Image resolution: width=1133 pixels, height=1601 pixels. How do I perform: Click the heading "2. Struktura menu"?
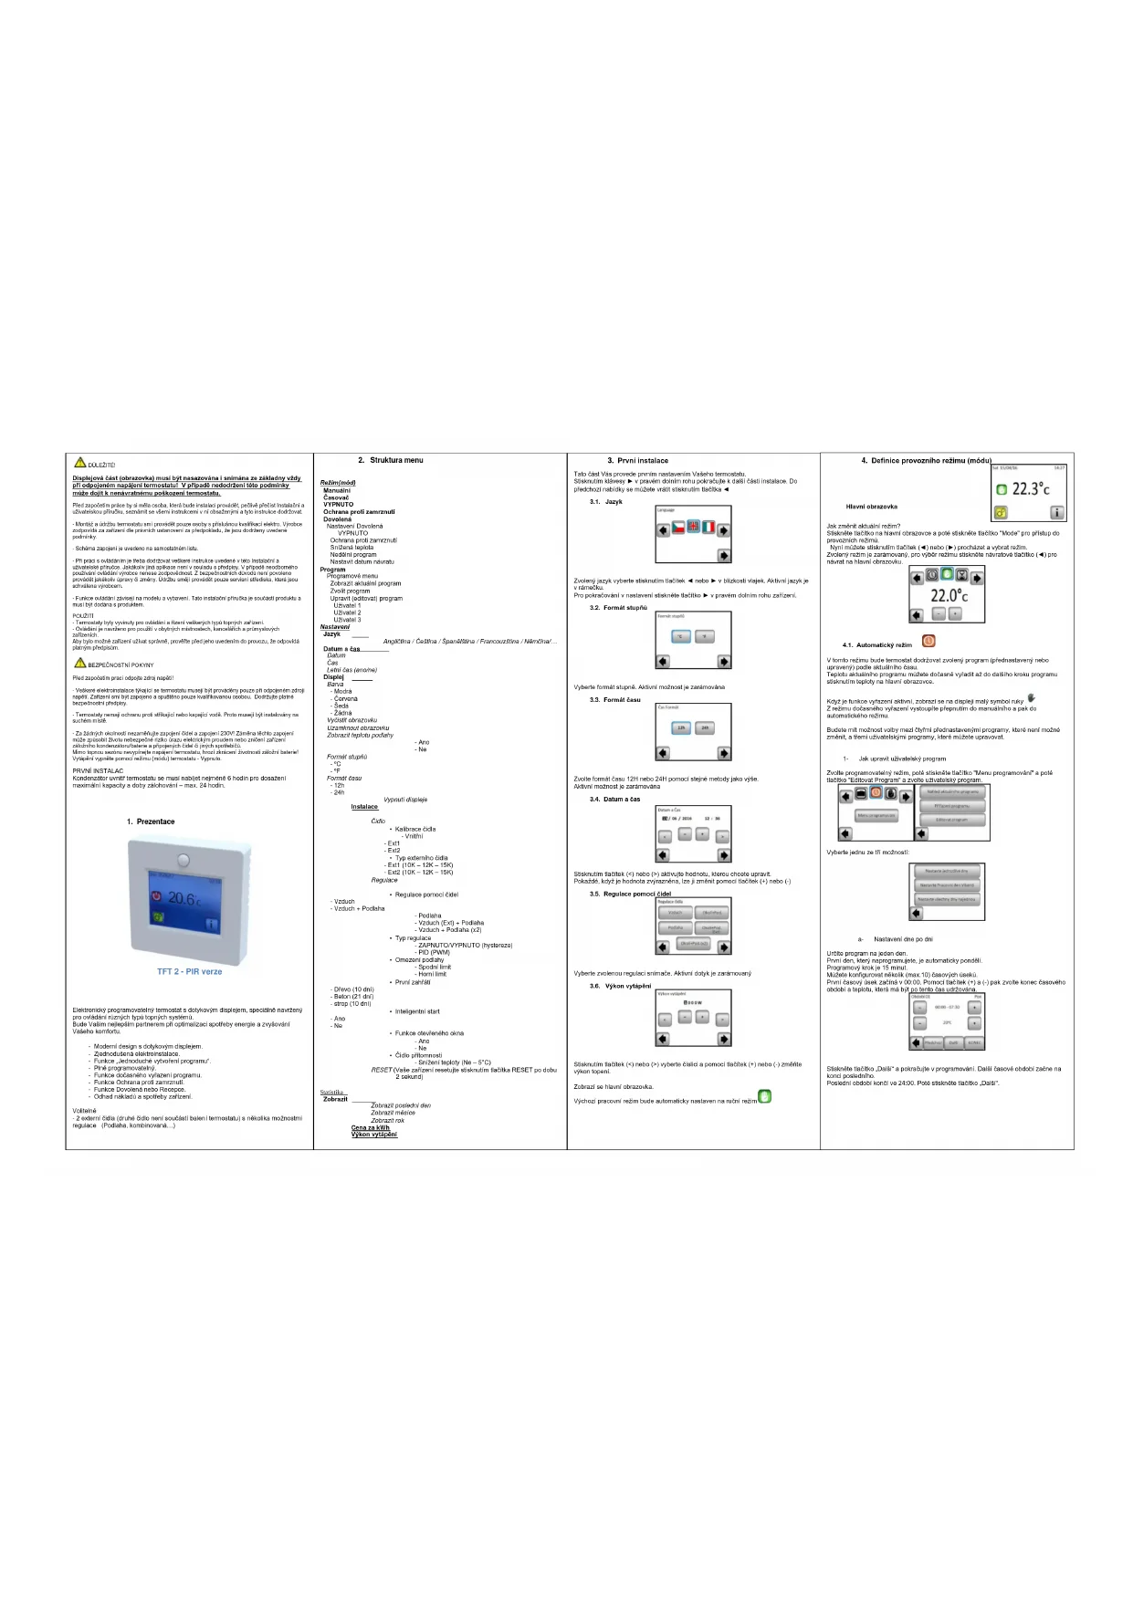391,460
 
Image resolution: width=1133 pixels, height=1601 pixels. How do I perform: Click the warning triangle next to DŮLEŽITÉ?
80,463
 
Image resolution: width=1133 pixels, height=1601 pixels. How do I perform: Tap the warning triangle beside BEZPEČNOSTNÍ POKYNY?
80,664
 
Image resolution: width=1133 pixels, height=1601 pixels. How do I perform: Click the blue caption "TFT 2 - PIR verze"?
189,971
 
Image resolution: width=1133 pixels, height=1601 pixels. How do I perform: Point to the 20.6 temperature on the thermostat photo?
183,898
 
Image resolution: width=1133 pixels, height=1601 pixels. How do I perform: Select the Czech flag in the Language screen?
678,528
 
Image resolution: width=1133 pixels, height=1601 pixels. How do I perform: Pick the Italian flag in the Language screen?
708,528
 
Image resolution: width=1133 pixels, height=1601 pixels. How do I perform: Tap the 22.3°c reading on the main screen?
1030,489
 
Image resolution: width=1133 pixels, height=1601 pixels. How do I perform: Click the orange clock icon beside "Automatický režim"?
928,642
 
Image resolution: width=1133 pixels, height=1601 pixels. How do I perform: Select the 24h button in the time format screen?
705,727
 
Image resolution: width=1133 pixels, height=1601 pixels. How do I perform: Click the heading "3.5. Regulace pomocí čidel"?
630,894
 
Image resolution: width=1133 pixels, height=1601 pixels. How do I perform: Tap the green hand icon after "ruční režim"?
765,1096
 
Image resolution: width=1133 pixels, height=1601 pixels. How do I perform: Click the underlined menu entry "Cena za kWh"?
371,1127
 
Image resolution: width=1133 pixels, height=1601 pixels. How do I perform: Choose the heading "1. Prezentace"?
151,821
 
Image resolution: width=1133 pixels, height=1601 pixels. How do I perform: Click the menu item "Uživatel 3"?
347,620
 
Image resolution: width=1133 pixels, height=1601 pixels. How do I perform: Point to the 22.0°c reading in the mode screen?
949,595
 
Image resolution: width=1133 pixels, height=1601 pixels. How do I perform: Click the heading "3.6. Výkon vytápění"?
621,986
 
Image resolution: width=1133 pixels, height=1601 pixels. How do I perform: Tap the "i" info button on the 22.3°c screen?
1056,513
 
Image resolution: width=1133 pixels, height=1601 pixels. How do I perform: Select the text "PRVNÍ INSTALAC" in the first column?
98,771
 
